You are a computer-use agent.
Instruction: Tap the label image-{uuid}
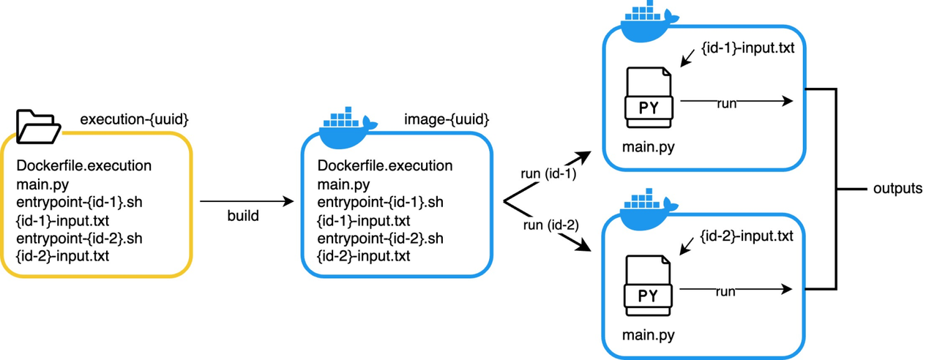pos(447,118)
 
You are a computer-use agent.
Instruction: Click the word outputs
pos(897,189)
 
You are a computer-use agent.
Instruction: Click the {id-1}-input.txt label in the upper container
pos(747,49)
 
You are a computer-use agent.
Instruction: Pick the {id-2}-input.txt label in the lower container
pos(747,236)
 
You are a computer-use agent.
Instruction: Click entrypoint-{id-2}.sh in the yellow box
pos(78,238)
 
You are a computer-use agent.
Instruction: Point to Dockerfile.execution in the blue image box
pos(385,166)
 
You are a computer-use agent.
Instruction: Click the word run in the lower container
pos(725,292)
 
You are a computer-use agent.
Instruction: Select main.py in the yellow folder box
pos(42,184)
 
